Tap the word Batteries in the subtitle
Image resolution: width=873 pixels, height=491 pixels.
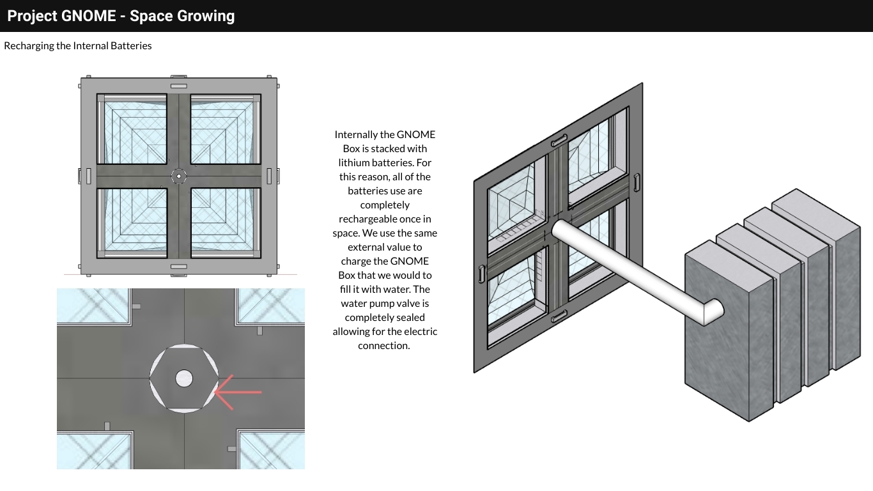[x=131, y=45]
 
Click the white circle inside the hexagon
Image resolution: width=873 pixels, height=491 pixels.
[x=184, y=378]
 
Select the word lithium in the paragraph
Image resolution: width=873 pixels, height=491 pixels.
[x=353, y=162]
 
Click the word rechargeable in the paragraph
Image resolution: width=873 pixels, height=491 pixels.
[x=363, y=219]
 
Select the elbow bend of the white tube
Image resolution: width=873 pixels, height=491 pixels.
[x=713, y=312]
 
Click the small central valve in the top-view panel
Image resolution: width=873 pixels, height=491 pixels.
[x=179, y=176]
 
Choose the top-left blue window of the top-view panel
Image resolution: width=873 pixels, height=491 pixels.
[x=132, y=129]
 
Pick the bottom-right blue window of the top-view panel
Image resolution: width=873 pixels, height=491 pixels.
[x=226, y=223]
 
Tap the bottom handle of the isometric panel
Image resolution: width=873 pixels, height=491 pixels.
[x=559, y=316]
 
